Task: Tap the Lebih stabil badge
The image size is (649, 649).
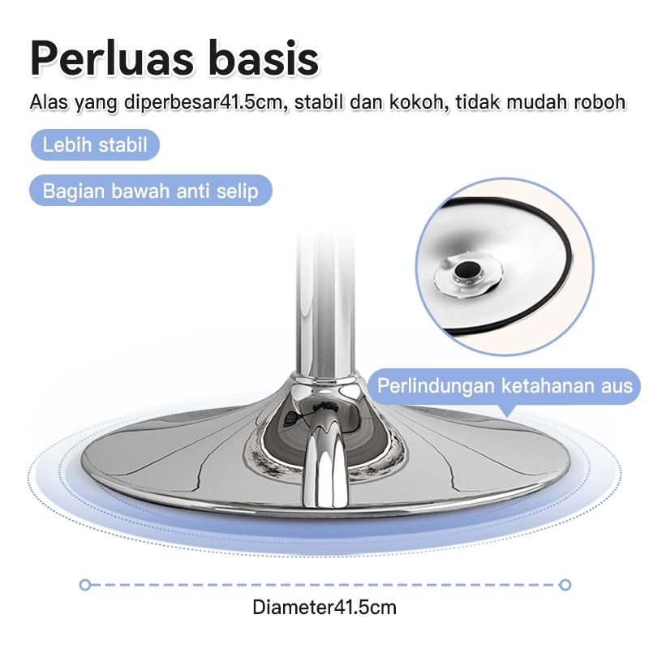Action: tap(95, 146)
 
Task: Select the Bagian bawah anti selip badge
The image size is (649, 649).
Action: tap(150, 191)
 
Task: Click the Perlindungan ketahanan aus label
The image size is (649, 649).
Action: tap(505, 385)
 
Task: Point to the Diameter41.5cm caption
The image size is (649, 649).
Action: tap(324, 607)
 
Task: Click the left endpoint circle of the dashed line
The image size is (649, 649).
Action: tap(84, 584)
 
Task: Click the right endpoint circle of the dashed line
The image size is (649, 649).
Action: tap(565, 584)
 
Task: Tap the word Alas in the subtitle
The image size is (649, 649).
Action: tap(46, 103)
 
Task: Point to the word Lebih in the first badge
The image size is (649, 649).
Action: tap(65, 146)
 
